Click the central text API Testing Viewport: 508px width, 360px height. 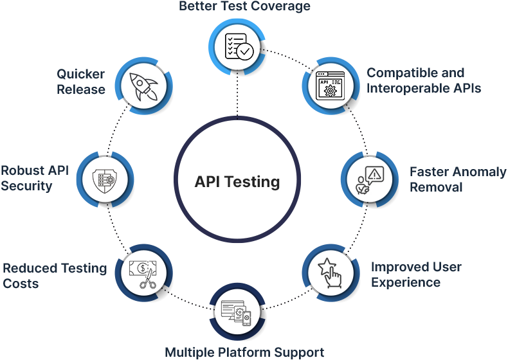[x=237, y=182]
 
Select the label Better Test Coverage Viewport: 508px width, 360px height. [x=244, y=7]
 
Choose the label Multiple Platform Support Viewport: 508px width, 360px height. [x=244, y=352]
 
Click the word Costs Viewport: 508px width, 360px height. [x=21, y=284]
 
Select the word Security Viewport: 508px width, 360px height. [x=26, y=186]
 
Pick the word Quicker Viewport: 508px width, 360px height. [x=80, y=74]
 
